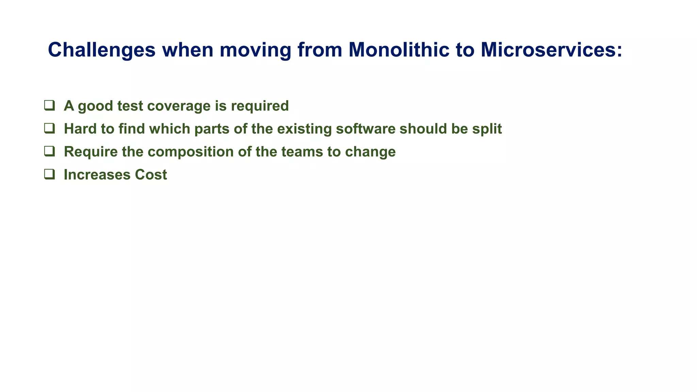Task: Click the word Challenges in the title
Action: point(101,50)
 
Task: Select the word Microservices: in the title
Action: point(551,50)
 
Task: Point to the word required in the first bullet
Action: point(260,106)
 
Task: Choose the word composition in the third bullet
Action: point(191,152)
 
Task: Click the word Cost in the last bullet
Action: point(151,175)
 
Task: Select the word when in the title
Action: point(187,50)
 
